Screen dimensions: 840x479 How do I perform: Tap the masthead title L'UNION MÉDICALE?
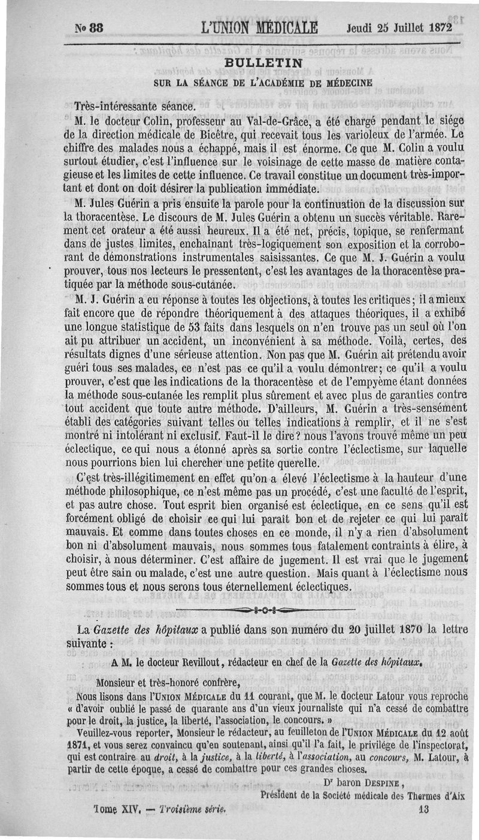260,28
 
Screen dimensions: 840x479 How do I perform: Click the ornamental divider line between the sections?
265,611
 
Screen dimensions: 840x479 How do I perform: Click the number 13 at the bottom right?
425,808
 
